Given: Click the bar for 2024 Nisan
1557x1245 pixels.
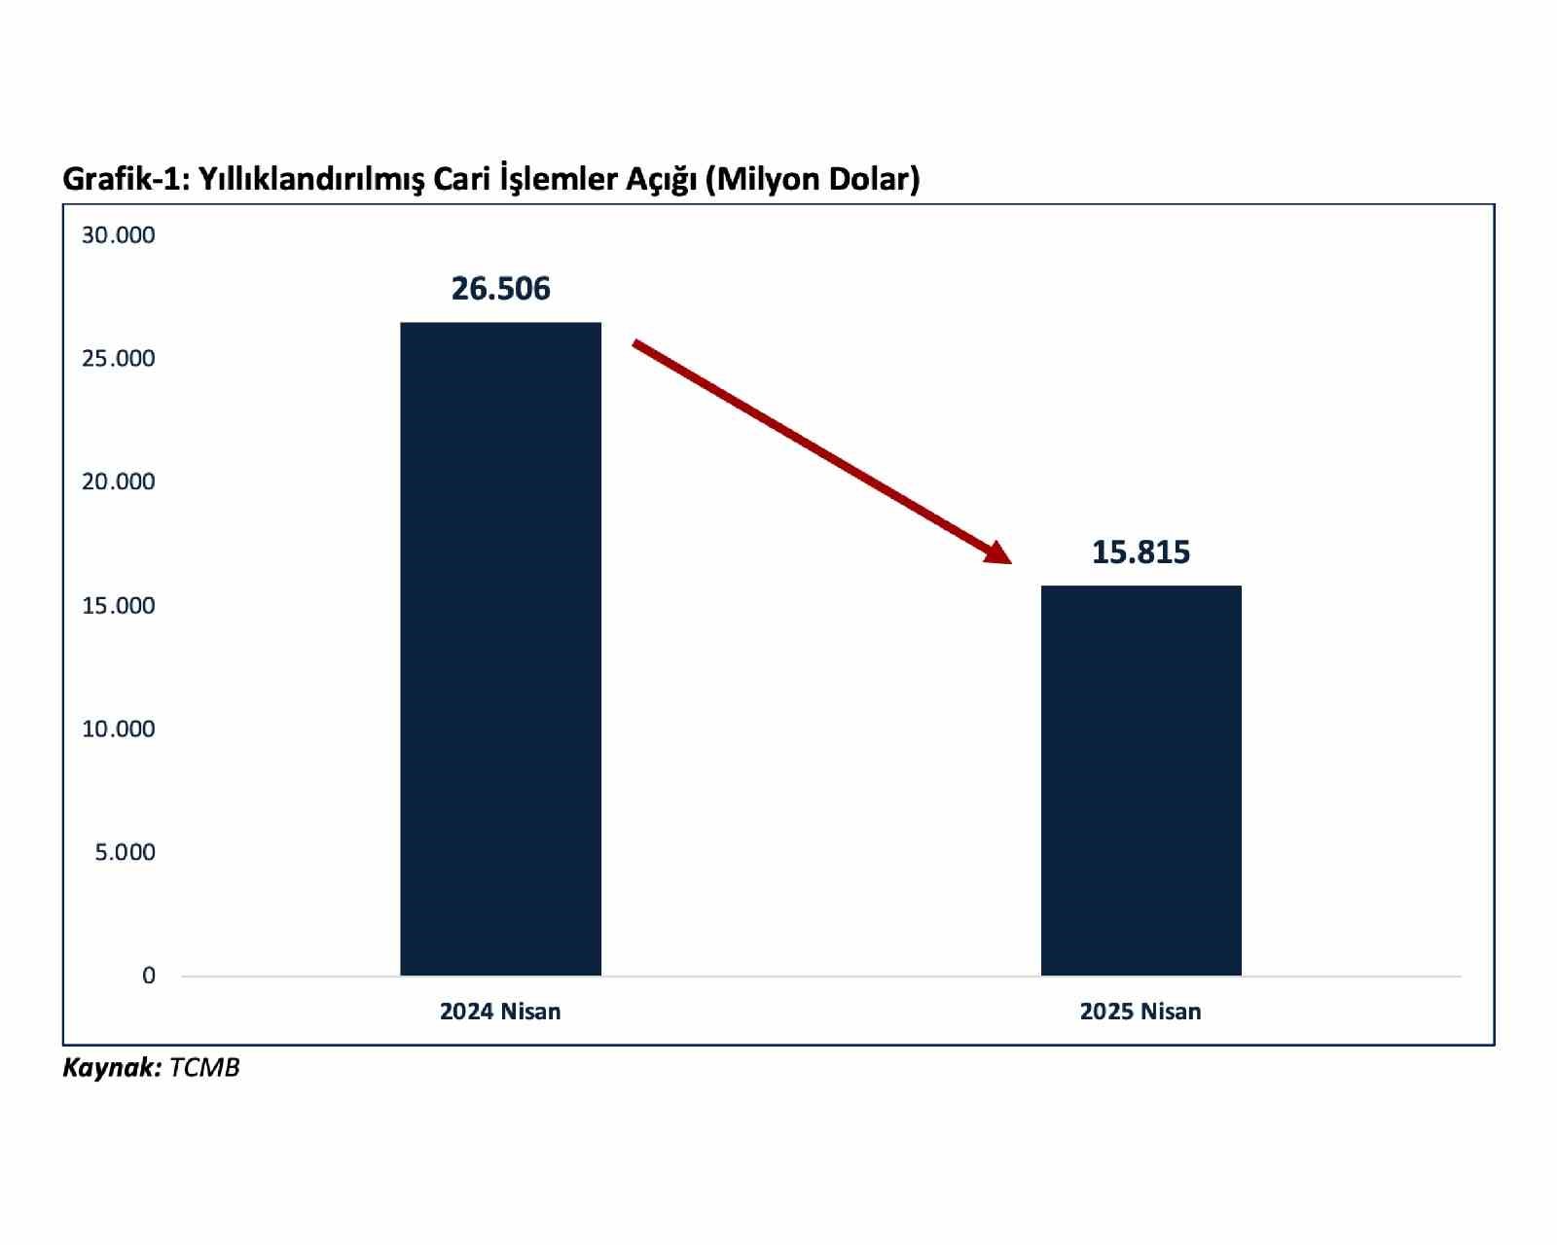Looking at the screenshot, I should click(x=500, y=649).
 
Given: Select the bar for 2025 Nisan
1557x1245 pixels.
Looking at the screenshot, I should click(x=1141, y=780).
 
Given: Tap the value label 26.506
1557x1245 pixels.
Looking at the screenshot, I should click(x=500, y=289).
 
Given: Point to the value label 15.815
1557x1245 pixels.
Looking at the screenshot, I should click(x=1141, y=552).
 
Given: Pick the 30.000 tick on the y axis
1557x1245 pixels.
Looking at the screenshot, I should click(x=118, y=235).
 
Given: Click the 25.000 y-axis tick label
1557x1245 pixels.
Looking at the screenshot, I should click(x=118, y=359).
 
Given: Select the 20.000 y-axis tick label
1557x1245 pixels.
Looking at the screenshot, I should click(x=118, y=481).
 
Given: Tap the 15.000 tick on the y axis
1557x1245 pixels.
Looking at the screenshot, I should click(x=118, y=606).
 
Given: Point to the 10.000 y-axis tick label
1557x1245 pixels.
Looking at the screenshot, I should click(x=118, y=729).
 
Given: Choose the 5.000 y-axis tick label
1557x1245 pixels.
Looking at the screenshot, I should click(x=125, y=852).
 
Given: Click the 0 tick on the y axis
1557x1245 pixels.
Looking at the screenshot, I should click(x=148, y=976).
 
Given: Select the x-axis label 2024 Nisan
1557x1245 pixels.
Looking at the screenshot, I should click(x=500, y=1012).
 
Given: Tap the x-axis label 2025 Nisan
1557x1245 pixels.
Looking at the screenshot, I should click(x=1141, y=1012).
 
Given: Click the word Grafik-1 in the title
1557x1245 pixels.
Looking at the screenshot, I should click(x=126, y=179).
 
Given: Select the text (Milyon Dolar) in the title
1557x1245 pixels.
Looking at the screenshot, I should click(x=813, y=179).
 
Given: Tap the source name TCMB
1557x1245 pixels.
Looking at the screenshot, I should click(x=204, y=1068).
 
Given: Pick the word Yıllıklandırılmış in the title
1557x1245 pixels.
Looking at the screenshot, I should click(x=311, y=179).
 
